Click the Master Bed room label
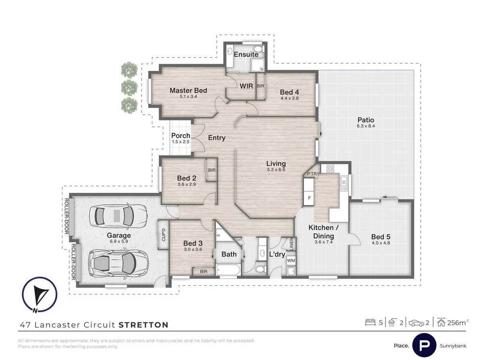[188, 90]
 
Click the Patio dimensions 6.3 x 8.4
[366, 126]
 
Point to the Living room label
[276, 163]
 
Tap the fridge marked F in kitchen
[309, 198]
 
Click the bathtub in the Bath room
[228, 270]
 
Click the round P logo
[424, 345]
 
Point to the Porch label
[180, 136]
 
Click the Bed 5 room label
[380, 237]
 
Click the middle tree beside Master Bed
[129, 87]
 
